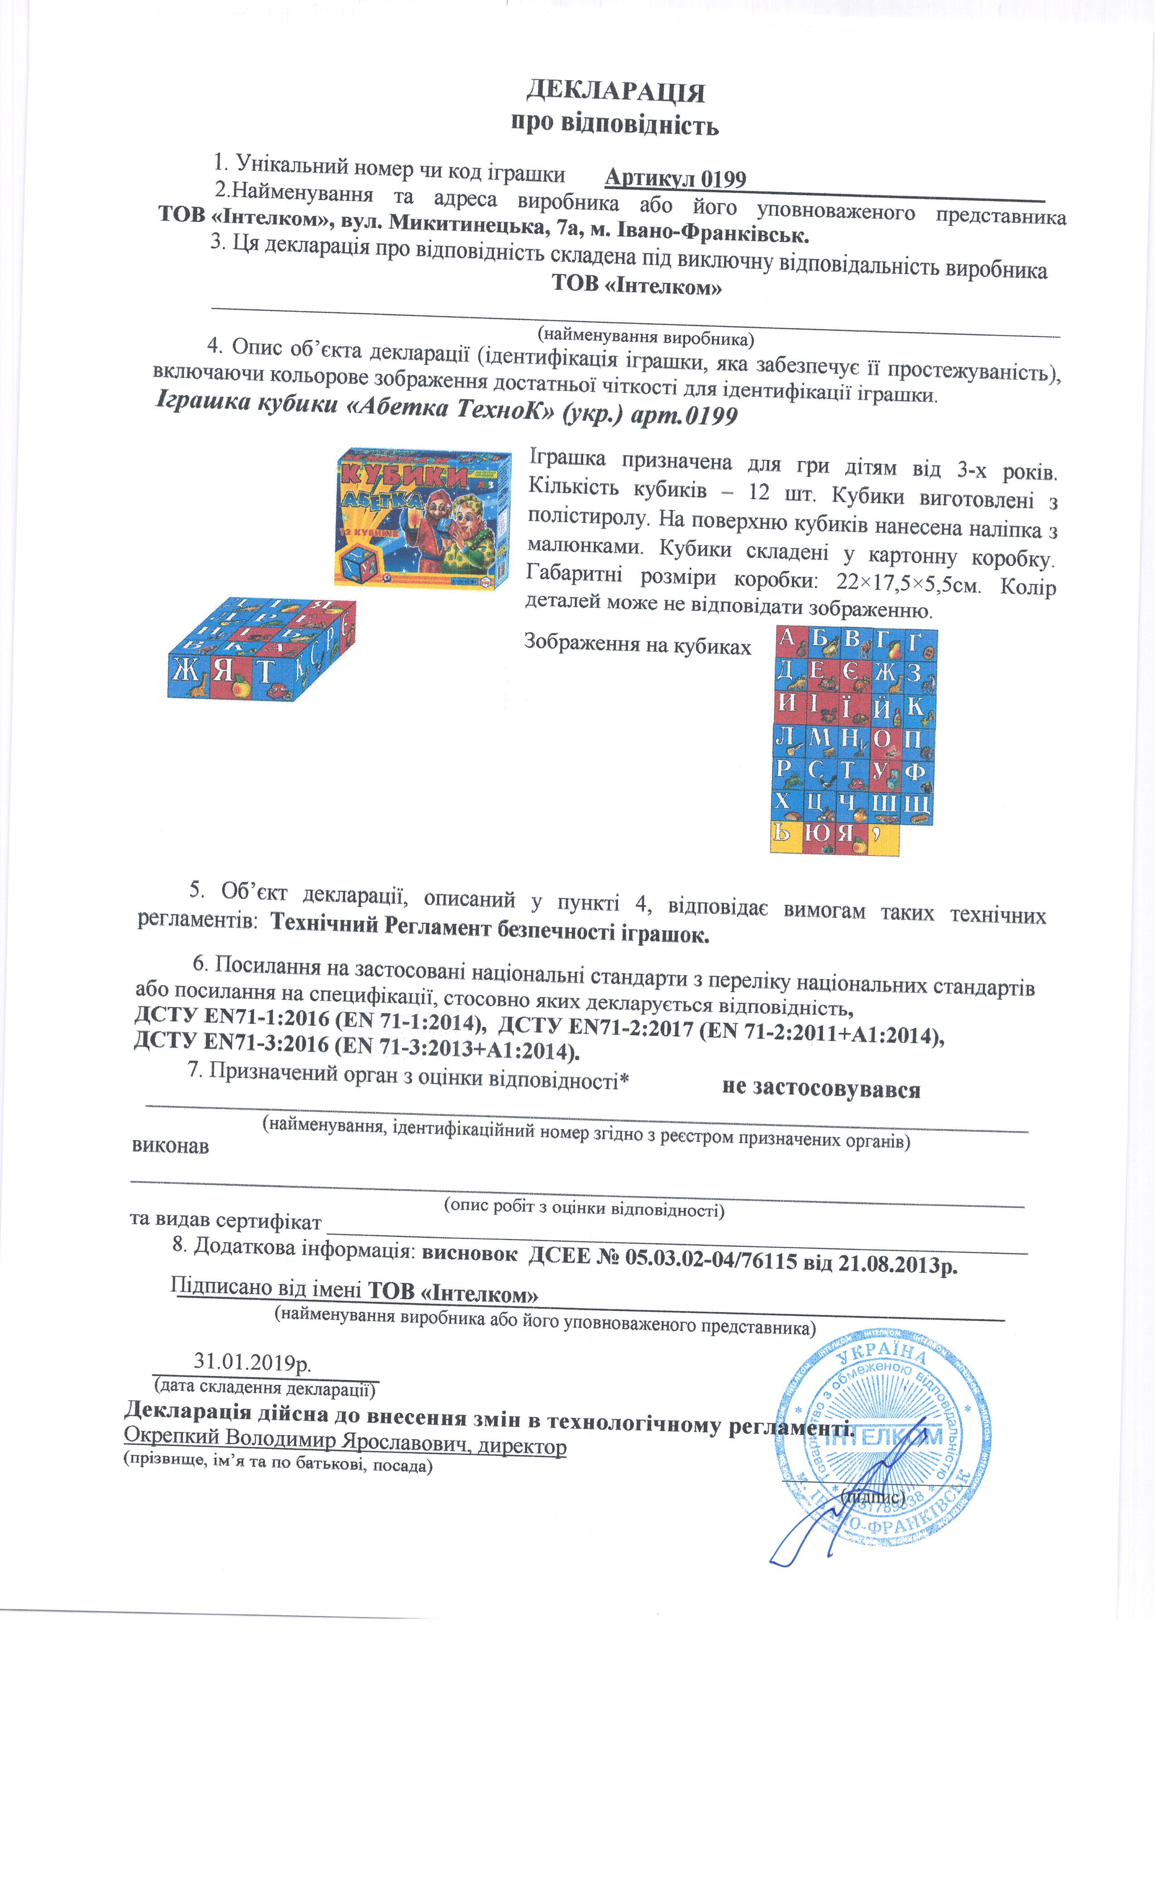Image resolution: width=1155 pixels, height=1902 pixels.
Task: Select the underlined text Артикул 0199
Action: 675,179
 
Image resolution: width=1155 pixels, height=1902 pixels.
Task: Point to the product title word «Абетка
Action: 393,408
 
